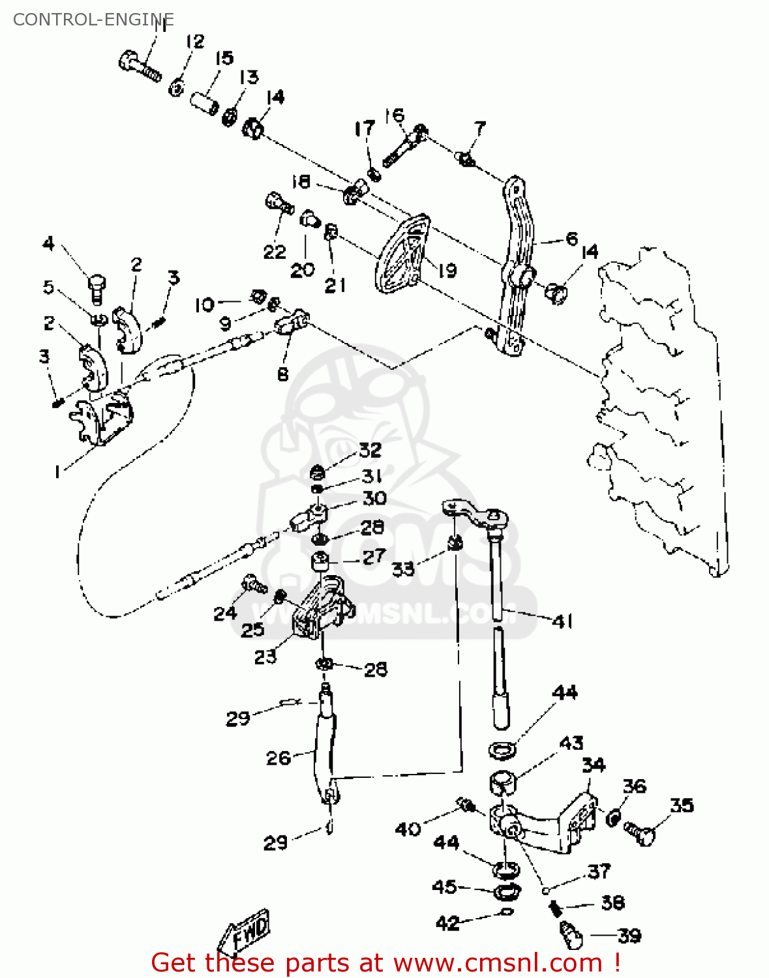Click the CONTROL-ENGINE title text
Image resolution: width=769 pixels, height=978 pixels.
point(93,20)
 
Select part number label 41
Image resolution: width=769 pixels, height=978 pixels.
point(562,621)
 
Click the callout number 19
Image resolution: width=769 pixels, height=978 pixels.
point(447,270)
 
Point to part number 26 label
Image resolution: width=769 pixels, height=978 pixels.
point(279,758)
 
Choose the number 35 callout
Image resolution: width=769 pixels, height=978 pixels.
point(682,805)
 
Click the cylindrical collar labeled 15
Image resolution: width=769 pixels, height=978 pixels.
point(205,103)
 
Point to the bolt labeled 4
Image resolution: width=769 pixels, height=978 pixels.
point(97,288)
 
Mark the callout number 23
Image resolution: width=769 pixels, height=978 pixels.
point(265,656)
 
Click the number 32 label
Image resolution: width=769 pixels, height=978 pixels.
point(370,450)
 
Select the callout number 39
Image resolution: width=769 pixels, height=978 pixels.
point(629,936)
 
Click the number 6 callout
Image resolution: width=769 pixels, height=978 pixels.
point(571,239)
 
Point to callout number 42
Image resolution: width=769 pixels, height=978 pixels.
point(447,923)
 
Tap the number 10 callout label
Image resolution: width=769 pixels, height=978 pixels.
point(204,304)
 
